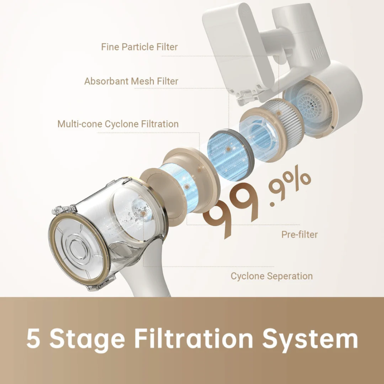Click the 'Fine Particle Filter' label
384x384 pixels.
pos(139,47)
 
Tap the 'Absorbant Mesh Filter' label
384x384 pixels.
pos(131,81)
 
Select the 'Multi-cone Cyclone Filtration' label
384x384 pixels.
pos(118,124)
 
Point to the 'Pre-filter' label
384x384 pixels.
pos(300,234)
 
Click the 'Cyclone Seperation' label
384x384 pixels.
pos(271,276)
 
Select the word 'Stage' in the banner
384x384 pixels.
pos(87,341)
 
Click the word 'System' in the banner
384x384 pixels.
pos(310,341)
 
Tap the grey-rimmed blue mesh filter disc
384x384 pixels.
pos(230,155)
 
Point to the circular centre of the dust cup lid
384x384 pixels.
pos(78,247)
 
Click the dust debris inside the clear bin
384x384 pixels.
pos(140,211)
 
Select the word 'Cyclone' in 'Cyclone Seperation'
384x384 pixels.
pos(247,276)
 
